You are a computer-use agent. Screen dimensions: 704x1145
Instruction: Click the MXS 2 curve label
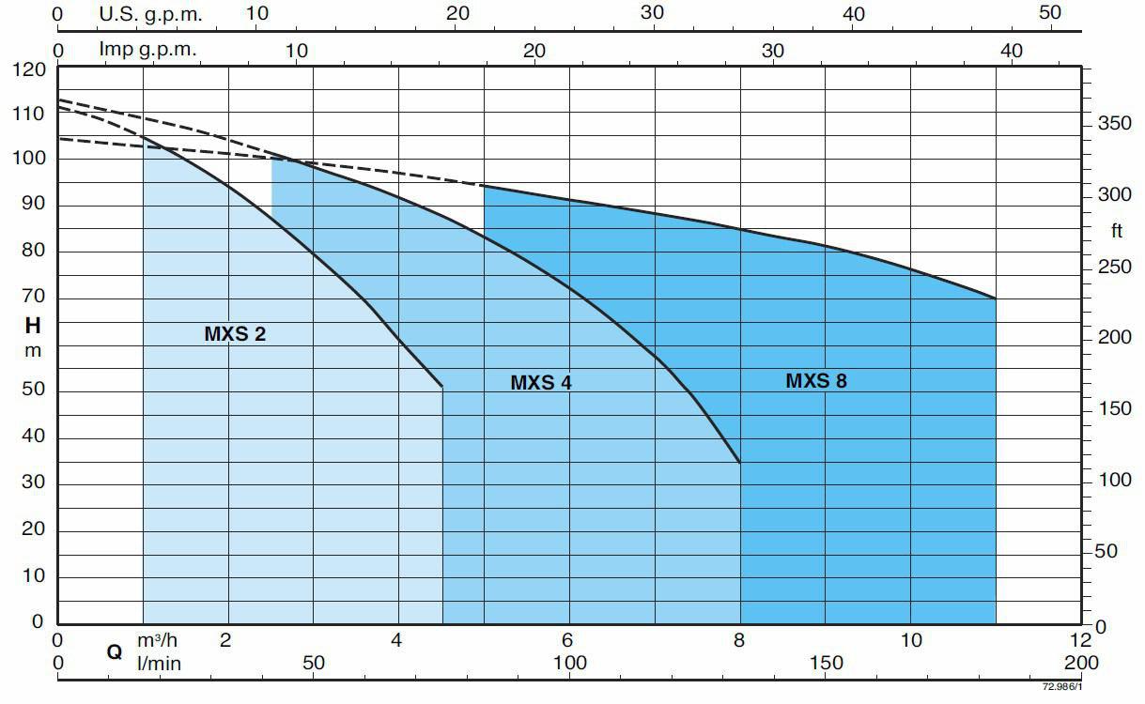click(235, 333)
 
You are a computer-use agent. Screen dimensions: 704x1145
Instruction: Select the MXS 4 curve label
click(540, 382)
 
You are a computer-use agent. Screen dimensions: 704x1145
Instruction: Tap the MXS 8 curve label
click(815, 380)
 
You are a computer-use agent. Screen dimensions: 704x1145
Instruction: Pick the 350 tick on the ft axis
click(1115, 125)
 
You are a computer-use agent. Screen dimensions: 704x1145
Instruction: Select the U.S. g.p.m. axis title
click(150, 14)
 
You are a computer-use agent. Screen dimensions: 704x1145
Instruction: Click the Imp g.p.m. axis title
click(147, 50)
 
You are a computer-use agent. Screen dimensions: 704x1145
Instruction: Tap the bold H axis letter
click(33, 327)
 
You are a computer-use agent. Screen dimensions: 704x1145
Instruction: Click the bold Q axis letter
click(115, 651)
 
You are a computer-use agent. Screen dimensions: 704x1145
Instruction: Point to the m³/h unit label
click(157, 640)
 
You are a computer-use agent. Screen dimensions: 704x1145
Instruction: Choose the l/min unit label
click(159, 663)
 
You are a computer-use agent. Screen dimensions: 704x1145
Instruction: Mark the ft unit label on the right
click(1116, 232)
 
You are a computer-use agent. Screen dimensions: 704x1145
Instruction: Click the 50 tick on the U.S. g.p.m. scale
click(1050, 13)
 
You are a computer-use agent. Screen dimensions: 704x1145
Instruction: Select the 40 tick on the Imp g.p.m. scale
click(1011, 50)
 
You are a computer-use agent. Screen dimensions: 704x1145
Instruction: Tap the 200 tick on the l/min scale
click(1082, 663)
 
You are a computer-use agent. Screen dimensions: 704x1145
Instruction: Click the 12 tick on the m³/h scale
click(1081, 640)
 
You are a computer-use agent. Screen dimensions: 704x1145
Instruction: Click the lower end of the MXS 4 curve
click(740, 462)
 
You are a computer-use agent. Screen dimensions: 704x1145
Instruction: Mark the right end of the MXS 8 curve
click(996, 298)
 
